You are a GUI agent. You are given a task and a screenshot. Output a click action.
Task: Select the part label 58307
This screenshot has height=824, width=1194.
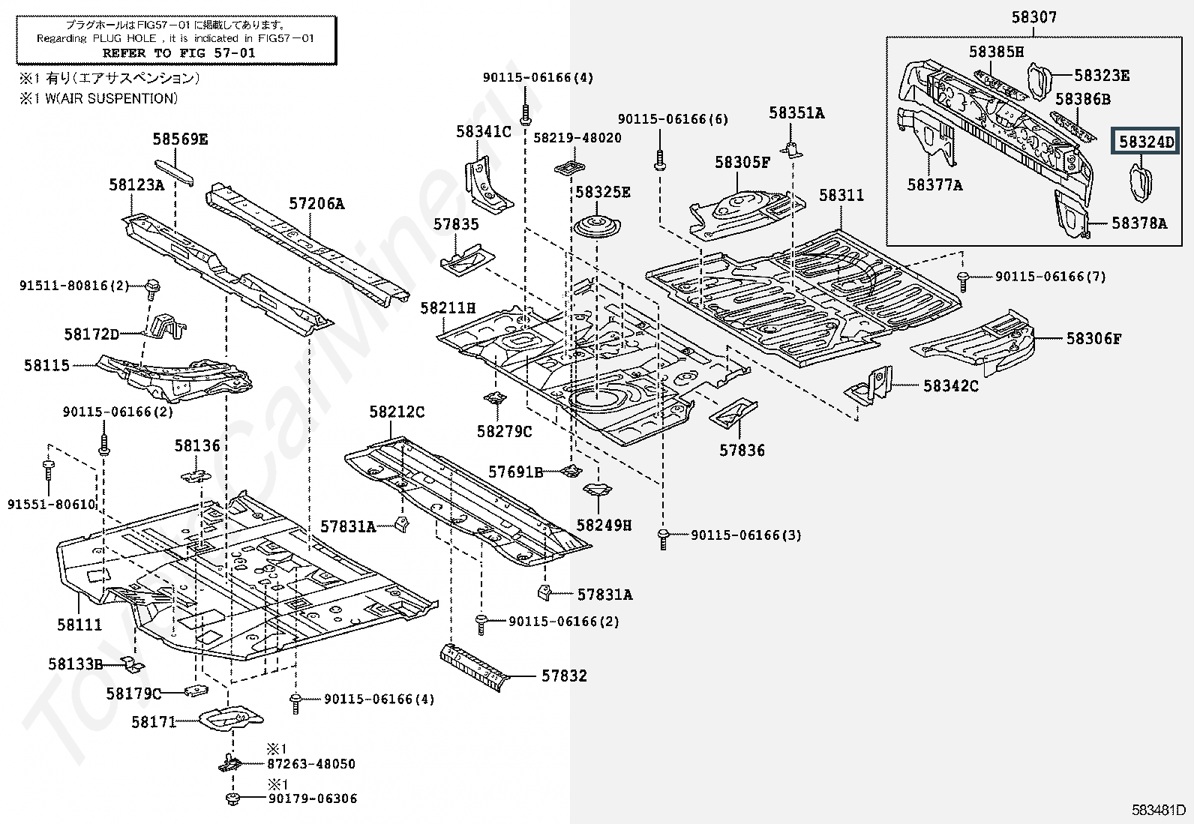point(1033,16)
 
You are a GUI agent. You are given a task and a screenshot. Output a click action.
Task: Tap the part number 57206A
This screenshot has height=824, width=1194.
point(316,203)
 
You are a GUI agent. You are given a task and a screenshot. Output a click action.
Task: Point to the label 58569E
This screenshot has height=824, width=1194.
point(180,139)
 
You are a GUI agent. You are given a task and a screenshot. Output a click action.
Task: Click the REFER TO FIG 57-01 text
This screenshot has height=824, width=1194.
point(178,53)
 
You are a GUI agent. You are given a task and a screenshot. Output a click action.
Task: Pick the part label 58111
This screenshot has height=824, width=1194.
point(79,625)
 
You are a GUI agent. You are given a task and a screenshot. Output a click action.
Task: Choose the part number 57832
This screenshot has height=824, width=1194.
point(564,676)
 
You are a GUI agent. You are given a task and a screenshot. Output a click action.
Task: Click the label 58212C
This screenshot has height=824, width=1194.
point(397,412)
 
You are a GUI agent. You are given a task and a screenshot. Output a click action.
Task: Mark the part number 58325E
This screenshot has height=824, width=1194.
point(602,192)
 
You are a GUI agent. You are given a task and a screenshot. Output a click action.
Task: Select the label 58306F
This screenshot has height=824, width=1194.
point(1093,339)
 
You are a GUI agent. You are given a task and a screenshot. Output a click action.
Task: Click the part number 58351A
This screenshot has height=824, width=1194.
point(796,113)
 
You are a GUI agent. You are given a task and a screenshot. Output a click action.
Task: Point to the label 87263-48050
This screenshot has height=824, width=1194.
point(311,764)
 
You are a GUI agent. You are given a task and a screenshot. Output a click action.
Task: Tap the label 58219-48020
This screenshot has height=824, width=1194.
point(577,138)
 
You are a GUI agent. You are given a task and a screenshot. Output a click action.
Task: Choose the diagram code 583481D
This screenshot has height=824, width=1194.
point(1159,810)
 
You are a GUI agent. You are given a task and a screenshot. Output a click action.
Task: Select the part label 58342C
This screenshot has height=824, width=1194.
point(950,385)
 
